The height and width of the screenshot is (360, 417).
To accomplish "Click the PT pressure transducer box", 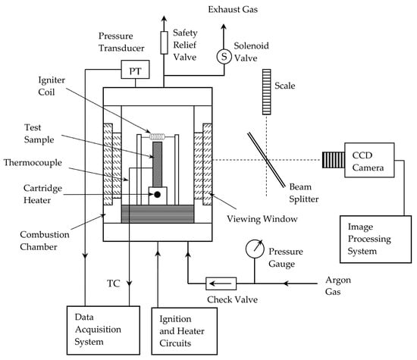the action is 135,70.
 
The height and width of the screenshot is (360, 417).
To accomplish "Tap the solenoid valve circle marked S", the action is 224,57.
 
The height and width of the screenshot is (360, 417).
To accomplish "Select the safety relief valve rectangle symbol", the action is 164,42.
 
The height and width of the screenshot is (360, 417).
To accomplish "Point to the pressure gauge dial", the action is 255,249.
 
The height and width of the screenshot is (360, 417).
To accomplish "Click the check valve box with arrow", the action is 221,283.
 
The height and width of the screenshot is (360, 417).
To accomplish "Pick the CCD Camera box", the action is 369,160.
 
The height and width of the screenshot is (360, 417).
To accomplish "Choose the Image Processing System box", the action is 375,239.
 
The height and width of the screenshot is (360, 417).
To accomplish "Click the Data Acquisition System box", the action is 103,330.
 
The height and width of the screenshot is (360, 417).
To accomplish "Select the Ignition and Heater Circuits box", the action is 184,331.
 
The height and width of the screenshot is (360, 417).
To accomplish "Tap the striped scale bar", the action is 266,92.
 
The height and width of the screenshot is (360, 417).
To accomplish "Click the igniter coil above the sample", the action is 157,136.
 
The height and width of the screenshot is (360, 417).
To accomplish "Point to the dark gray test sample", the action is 157,164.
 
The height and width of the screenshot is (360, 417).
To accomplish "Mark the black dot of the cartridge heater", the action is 157,195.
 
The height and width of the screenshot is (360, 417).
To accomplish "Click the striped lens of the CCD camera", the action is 334,160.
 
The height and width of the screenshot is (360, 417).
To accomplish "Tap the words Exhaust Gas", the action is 233,10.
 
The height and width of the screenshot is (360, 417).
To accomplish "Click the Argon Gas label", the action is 338,286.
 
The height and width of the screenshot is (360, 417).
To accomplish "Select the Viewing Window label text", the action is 262,219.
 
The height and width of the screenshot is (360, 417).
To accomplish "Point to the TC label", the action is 114,283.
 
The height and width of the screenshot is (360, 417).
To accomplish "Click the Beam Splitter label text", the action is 304,193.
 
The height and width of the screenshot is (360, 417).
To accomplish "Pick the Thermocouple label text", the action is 33,162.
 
